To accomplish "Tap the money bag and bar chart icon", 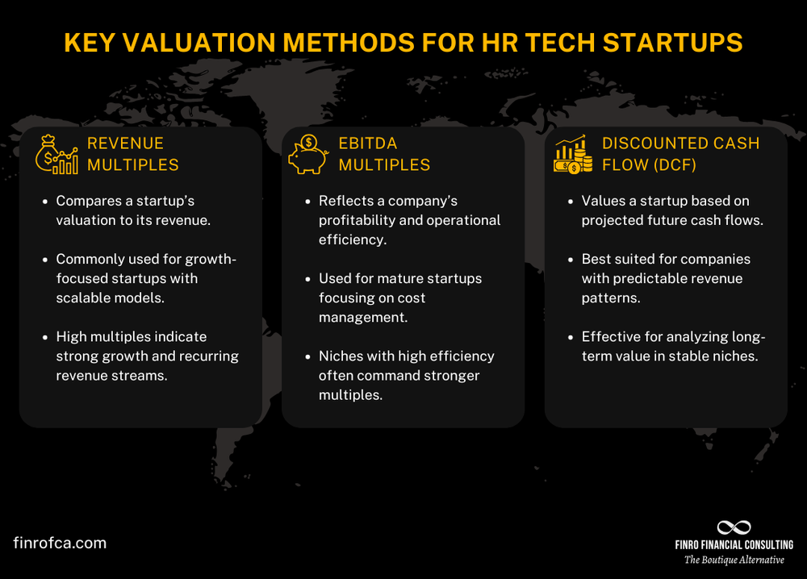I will (56, 154).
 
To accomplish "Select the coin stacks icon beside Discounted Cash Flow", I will (573, 154).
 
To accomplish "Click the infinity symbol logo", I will (734, 527).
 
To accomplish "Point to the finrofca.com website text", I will (60, 543).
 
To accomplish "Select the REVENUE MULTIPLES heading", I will (133, 154).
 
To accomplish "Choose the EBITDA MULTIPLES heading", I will (384, 154).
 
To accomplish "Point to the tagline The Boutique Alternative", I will (734, 560).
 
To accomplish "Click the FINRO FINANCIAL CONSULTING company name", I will (734, 545).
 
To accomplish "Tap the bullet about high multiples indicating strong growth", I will (147, 356).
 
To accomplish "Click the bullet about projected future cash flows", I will (671, 210).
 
